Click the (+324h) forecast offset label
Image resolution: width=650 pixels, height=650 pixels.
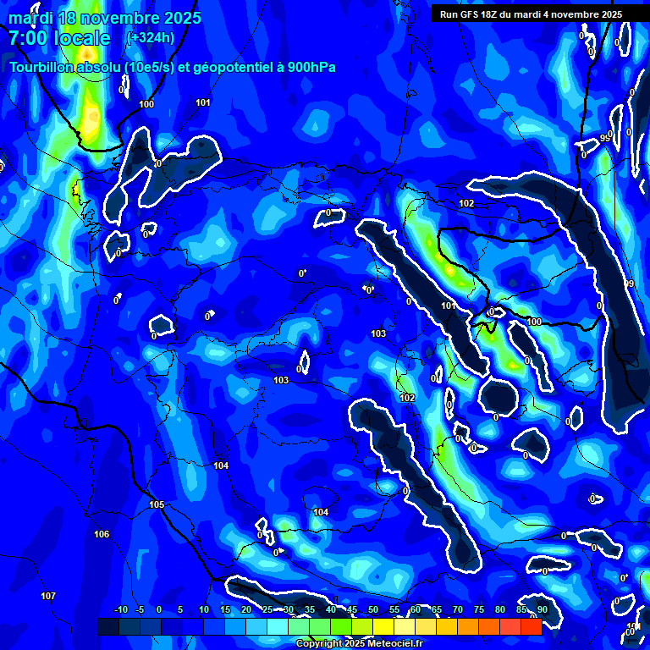(x=151, y=37)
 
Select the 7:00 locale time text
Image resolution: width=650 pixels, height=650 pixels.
(x=59, y=38)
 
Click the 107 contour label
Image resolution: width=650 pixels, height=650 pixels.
(x=48, y=597)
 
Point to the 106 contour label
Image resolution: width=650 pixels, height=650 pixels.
(x=102, y=534)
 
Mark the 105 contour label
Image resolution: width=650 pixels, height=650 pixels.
(x=157, y=504)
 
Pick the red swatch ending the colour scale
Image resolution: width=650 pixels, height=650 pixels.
(x=531, y=626)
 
